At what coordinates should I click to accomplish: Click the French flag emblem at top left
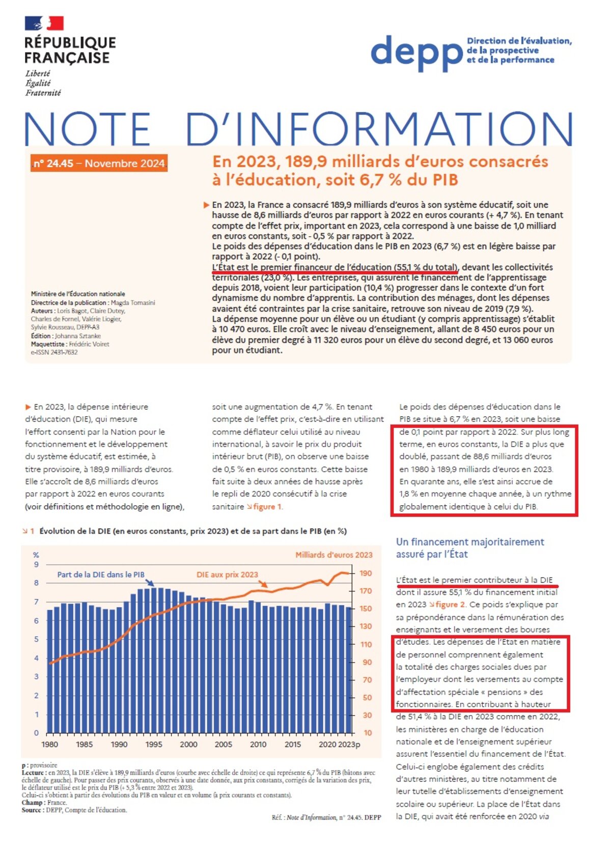pyautogui.click(x=44, y=23)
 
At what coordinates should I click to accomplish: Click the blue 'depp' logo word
pyautogui.click(x=416, y=52)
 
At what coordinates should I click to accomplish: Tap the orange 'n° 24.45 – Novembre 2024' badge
pyautogui.click(x=99, y=163)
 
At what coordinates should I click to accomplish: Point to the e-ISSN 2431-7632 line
pyautogui.click(x=54, y=352)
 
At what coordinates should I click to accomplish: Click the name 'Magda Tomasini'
pyautogui.click(x=133, y=303)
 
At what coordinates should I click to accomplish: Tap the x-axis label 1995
pyautogui.click(x=154, y=744)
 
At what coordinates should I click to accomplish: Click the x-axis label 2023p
pyautogui.click(x=349, y=744)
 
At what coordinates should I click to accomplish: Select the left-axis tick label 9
pyautogui.click(x=36, y=564)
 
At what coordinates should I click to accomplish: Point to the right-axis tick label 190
pyautogui.click(x=366, y=573)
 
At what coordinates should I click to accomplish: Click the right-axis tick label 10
pyautogui.click(x=368, y=733)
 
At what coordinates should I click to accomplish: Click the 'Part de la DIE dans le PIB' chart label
pyautogui.click(x=100, y=574)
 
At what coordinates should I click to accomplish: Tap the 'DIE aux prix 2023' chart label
pyautogui.click(x=227, y=574)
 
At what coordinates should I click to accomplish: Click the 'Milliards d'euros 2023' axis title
pyautogui.click(x=334, y=555)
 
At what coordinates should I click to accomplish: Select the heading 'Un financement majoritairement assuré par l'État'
pyautogui.click(x=469, y=548)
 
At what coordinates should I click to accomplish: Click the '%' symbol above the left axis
pyautogui.click(x=36, y=555)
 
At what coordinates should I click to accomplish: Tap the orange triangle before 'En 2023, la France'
pyautogui.click(x=206, y=205)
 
